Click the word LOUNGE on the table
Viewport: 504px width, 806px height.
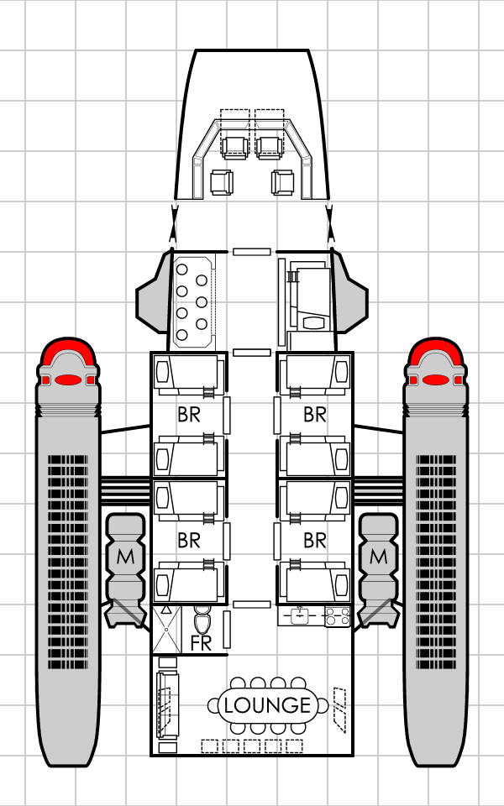[x=267, y=705]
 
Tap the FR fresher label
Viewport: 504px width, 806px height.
[x=201, y=644]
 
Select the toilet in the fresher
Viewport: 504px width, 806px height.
[x=202, y=621]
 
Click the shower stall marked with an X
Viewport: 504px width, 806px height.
[x=167, y=630]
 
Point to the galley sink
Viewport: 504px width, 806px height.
[x=300, y=616]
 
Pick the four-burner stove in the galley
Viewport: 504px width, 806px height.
[x=337, y=616]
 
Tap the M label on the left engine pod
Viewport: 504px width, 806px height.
[x=125, y=556]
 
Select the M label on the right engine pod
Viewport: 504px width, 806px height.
[x=379, y=556]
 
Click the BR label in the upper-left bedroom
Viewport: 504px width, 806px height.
[x=189, y=414]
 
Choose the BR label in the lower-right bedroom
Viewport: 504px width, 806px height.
[x=315, y=541]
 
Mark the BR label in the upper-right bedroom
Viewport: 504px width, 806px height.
[x=315, y=414]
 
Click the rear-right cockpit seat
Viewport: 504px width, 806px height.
[x=282, y=182]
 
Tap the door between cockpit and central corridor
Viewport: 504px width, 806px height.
[x=251, y=251]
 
